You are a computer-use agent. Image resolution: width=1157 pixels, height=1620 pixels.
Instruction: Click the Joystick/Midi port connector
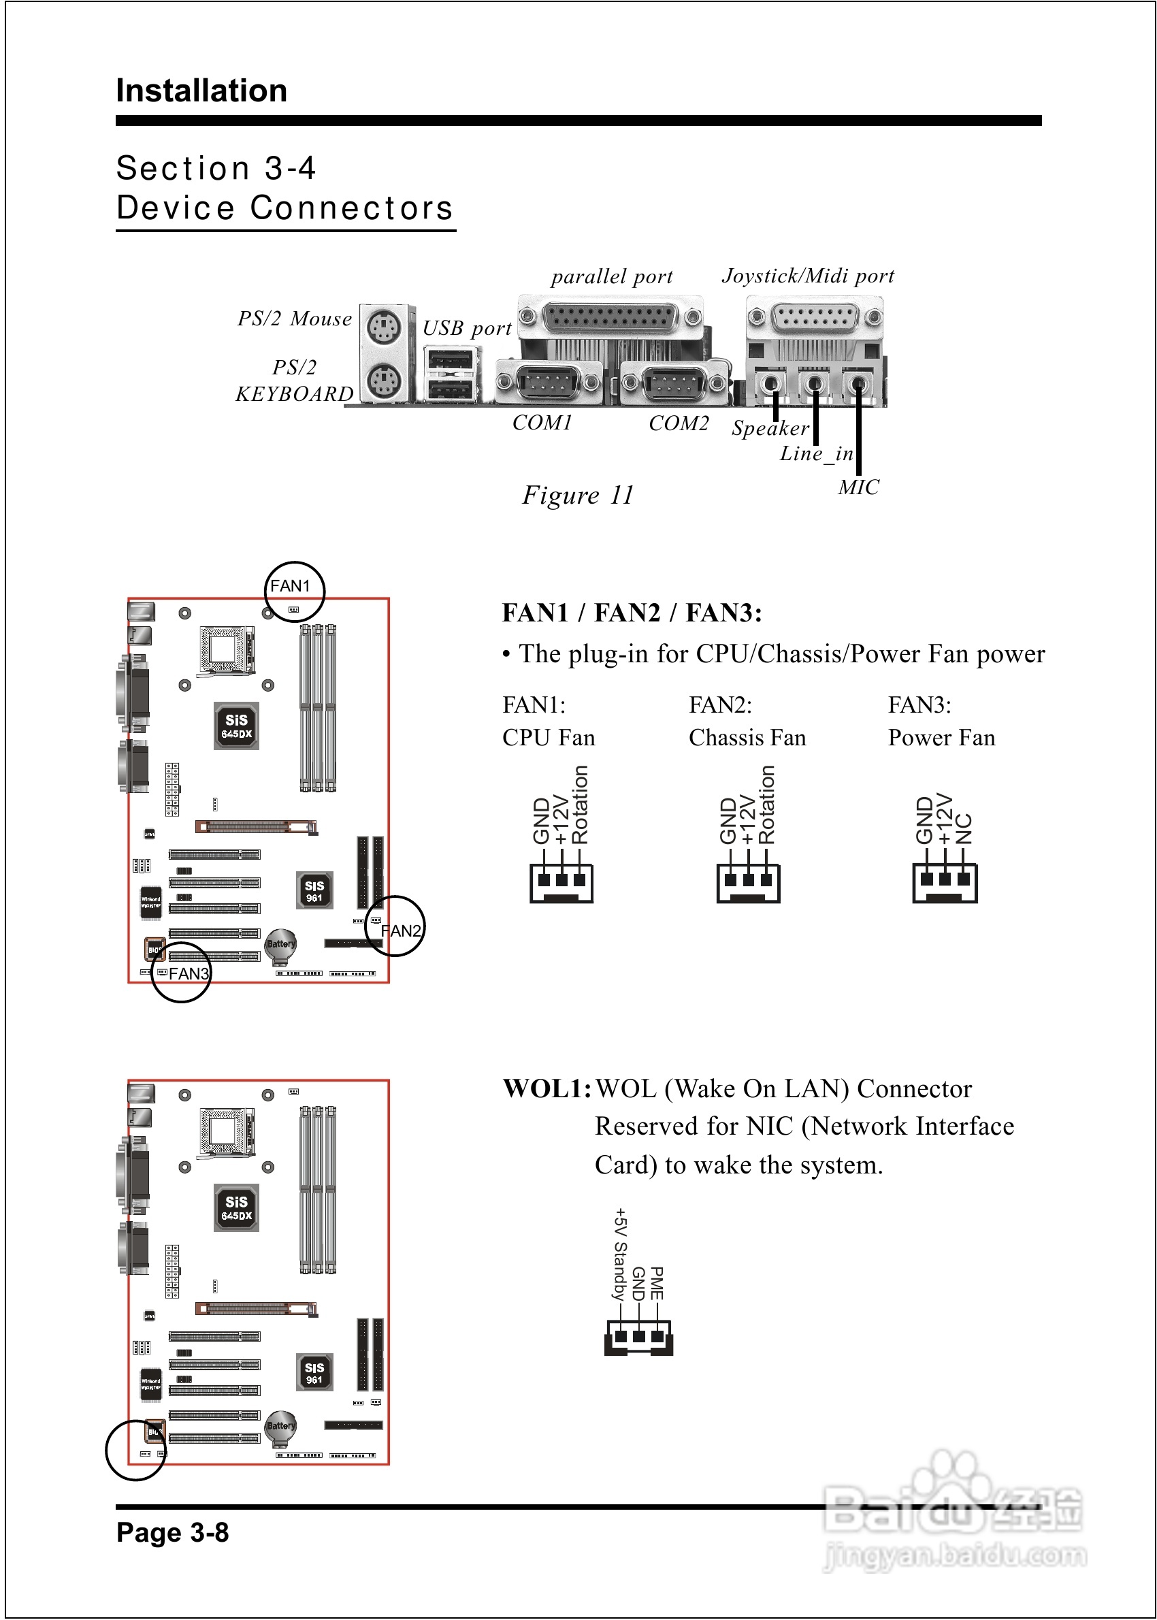pos(814,317)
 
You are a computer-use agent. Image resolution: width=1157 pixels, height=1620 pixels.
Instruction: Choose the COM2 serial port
pos(673,383)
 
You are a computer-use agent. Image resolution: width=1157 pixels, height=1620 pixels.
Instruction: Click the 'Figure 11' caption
pos(577,495)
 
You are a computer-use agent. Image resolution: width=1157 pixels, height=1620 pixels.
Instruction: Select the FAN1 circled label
pos(291,586)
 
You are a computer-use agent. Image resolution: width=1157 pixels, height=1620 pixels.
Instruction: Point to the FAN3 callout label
pos(189,973)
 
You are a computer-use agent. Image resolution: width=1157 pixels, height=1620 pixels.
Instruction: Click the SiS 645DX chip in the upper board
pos(237,726)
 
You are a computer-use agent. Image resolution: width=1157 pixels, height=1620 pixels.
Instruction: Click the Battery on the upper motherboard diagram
pos(280,945)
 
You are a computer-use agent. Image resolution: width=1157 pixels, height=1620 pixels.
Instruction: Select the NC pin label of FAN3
pos(963,828)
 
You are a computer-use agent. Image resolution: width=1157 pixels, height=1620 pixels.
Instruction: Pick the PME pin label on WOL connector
pos(657,1283)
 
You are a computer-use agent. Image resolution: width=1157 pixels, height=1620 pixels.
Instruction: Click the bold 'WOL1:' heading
pos(547,1088)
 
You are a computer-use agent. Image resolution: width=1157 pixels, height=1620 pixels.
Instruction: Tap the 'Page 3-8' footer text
pos(172,1532)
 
